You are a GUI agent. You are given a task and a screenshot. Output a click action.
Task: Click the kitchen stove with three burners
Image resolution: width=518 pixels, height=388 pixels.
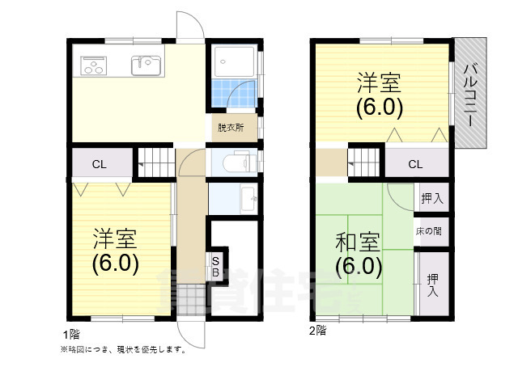(94, 65)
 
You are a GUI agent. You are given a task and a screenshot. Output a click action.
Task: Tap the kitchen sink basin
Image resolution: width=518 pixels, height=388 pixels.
(146, 65)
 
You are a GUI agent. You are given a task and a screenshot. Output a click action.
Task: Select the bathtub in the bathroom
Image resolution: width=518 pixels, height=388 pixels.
(234, 61)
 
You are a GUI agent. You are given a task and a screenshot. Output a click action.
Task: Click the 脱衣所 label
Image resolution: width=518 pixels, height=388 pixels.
(231, 128)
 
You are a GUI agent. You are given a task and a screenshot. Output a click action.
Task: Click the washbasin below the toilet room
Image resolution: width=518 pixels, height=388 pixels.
(248, 199)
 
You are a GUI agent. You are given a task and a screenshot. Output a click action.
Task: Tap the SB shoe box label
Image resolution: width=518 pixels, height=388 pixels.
(215, 267)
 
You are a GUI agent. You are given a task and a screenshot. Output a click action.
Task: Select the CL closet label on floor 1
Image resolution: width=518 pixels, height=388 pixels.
(99, 164)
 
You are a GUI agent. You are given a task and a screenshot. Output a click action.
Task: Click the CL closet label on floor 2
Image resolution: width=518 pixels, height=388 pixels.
(415, 164)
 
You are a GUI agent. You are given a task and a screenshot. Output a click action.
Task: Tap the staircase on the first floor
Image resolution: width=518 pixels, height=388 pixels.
(156, 162)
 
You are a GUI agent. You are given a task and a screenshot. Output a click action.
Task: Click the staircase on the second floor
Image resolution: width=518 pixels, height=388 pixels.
(364, 162)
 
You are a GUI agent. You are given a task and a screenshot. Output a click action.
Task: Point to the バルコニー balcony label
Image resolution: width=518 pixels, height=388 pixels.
(470, 95)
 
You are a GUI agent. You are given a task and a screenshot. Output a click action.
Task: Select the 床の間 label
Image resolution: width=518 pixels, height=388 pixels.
(428, 231)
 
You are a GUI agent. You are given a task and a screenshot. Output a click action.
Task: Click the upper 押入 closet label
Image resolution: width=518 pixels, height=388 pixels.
(431, 199)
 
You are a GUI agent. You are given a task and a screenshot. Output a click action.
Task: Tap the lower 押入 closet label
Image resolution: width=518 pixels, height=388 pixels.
(432, 285)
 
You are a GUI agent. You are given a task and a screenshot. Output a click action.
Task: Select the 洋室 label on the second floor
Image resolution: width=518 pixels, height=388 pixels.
(379, 82)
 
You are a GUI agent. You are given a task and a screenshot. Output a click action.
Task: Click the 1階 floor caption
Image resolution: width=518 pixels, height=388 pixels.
(71, 335)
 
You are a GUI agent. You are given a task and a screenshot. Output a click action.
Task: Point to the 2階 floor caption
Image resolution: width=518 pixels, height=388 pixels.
(317, 331)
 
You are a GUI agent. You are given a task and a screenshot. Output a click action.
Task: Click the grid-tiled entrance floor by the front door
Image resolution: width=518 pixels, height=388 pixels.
(191, 299)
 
